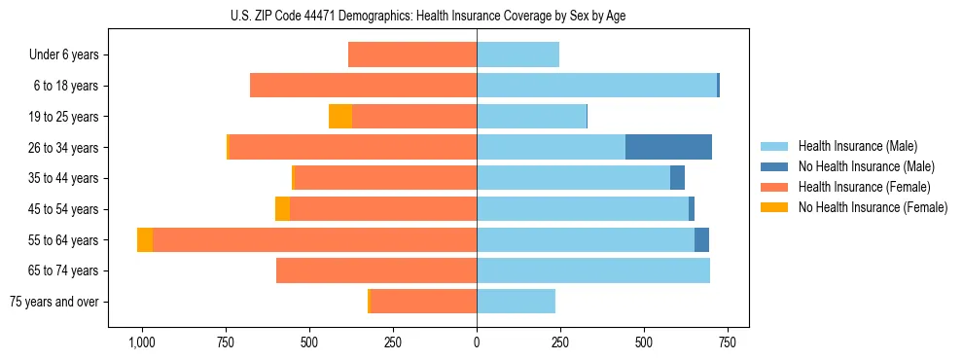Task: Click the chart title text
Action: coord(477,16)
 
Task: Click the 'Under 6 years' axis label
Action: coord(63,55)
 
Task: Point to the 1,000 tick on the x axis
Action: coord(142,342)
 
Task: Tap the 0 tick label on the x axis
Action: coord(477,342)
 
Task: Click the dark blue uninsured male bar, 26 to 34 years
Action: coord(668,147)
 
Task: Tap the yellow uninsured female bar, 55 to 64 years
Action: coord(145,240)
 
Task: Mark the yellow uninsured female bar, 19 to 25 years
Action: coord(340,117)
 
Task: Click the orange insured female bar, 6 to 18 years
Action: coord(363,86)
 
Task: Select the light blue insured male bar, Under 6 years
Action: coord(517,55)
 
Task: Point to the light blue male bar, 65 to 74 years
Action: coord(593,270)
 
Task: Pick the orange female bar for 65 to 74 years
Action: coord(376,270)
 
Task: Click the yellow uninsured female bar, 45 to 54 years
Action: coord(282,209)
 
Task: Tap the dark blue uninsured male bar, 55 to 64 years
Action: coord(701,240)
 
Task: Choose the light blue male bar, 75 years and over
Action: coord(516,302)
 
